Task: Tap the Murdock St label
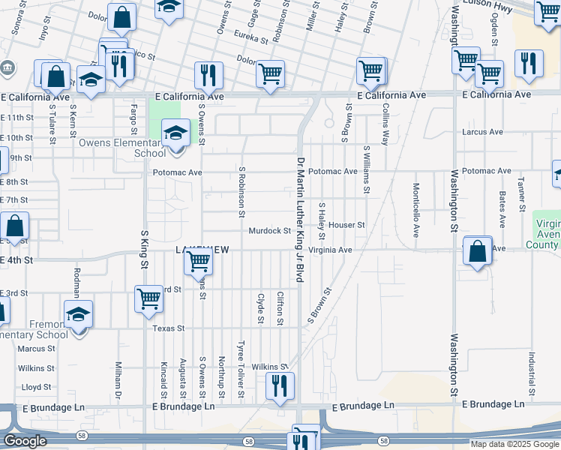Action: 269,231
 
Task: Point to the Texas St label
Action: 167,328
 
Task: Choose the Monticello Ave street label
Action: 415,210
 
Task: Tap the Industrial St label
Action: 530,373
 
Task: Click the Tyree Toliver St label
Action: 241,369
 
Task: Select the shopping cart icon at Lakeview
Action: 198,262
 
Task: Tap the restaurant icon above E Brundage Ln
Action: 280,385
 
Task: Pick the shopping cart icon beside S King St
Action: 149,298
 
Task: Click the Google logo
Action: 24,441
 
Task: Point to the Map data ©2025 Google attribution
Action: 513,444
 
